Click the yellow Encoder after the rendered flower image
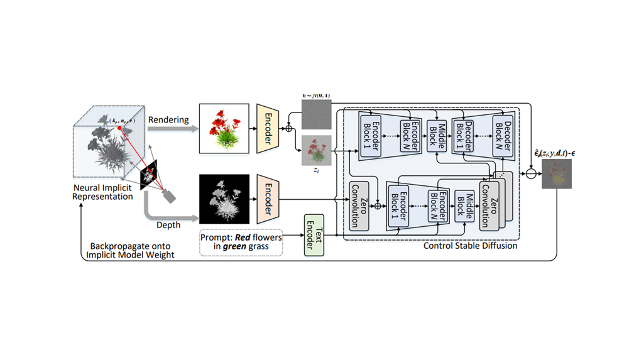tap(266, 129)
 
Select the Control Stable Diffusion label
tap(470, 246)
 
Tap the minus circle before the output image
tap(532, 173)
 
